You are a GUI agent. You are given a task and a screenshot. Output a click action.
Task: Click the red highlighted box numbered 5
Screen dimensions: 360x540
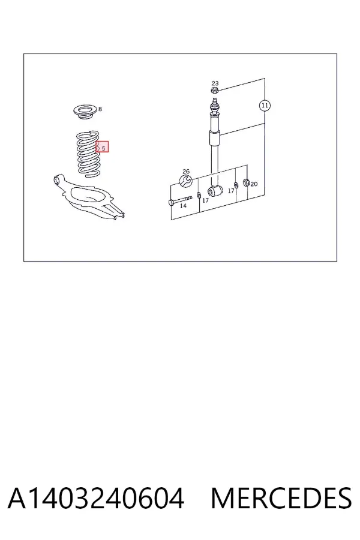(103, 147)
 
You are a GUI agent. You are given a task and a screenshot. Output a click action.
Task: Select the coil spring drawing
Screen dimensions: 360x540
(88, 154)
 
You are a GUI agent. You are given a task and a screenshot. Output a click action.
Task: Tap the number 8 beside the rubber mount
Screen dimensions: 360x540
(100, 109)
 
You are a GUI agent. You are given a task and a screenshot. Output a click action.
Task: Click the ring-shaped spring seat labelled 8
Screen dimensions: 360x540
(85, 113)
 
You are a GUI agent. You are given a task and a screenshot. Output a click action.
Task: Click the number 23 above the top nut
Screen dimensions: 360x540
(215, 83)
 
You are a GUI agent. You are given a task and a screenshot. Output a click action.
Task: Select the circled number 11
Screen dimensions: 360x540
(265, 106)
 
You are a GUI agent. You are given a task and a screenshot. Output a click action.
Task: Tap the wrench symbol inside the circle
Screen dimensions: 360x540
(185, 181)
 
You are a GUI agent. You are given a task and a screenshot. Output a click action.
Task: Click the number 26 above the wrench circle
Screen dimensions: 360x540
(186, 172)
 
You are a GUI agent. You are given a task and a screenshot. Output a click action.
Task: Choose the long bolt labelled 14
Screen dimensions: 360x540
(180, 200)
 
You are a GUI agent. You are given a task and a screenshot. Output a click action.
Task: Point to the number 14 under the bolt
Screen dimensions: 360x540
(183, 206)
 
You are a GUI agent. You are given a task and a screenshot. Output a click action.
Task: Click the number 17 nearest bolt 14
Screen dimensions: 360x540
(206, 200)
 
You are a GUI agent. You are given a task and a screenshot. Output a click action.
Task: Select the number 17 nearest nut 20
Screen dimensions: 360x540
(231, 191)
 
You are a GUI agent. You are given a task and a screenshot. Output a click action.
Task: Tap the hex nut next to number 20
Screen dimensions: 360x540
(247, 182)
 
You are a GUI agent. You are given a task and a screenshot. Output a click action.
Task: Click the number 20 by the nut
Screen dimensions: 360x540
(254, 184)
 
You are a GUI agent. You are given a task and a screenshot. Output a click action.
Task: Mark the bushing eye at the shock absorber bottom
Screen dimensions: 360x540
(215, 191)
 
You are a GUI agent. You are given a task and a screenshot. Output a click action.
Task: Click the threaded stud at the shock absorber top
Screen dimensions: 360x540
(215, 101)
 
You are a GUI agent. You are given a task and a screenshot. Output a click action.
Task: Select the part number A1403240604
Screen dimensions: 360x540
(96, 499)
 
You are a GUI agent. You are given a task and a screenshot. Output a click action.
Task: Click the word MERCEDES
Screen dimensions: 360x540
(281, 499)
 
